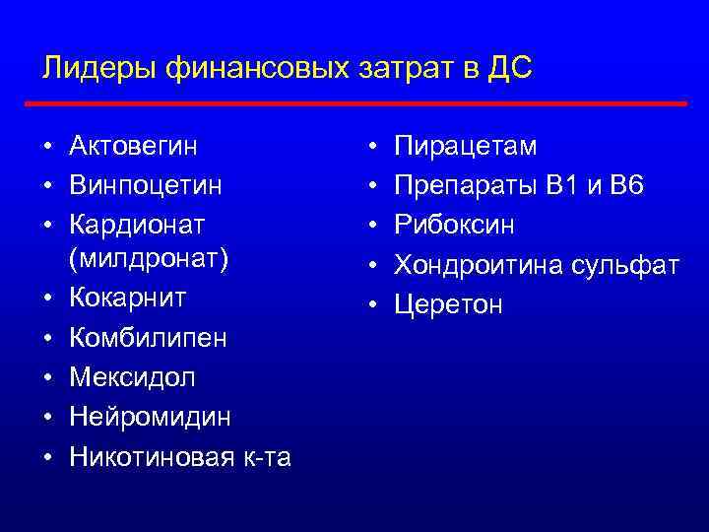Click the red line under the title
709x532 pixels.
(354, 103)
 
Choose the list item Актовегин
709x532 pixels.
(133, 147)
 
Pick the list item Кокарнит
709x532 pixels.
(128, 298)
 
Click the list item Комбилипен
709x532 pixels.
(148, 338)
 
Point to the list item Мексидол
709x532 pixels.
(133, 376)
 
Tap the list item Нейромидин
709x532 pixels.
(151, 417)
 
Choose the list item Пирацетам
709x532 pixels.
(466, 147)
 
